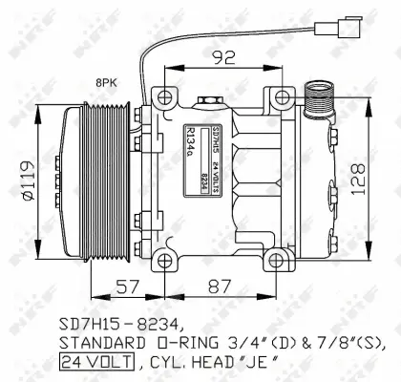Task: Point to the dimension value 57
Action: pyautogui.click(x=130, y=286)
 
